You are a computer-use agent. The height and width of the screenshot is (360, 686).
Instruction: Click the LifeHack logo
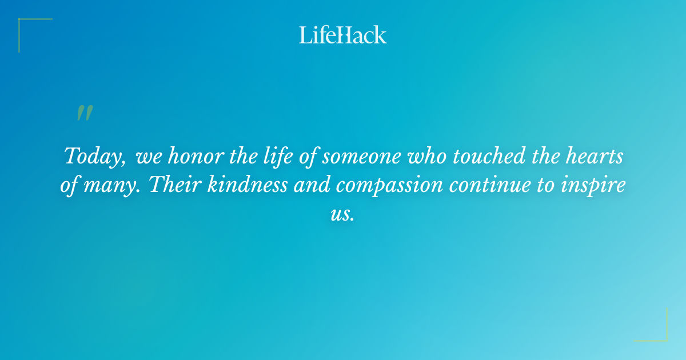(343, 35)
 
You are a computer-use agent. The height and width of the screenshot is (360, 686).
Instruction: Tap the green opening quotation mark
(85, 113)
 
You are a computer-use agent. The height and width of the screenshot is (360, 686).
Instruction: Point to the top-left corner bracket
(29, 29)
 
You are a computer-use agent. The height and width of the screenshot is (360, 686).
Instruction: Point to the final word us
(342, 215)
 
